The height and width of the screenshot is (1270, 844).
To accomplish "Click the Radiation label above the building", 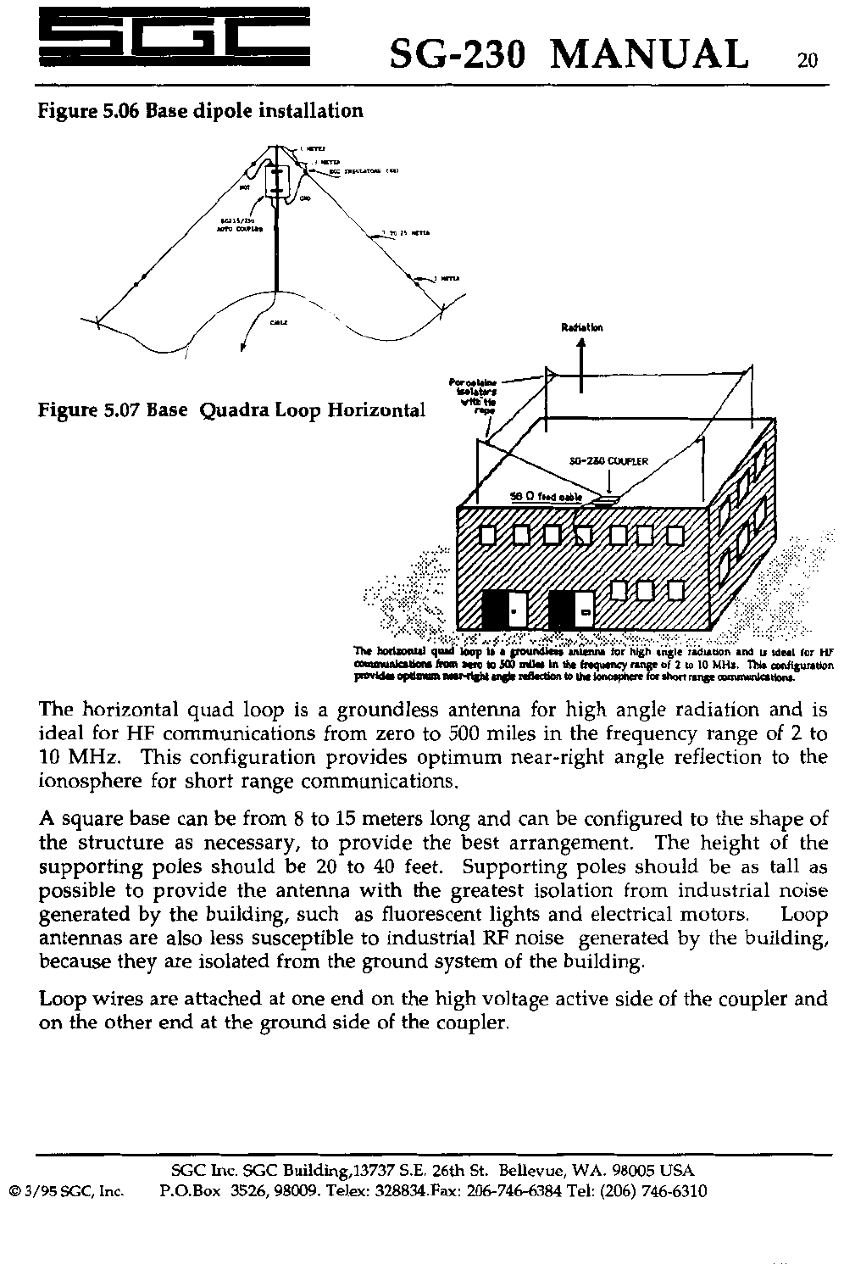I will pos(580,327).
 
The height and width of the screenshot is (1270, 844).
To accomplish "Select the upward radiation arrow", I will pos(580,365).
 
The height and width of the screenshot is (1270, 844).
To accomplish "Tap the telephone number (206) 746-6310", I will pos(652,1191).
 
